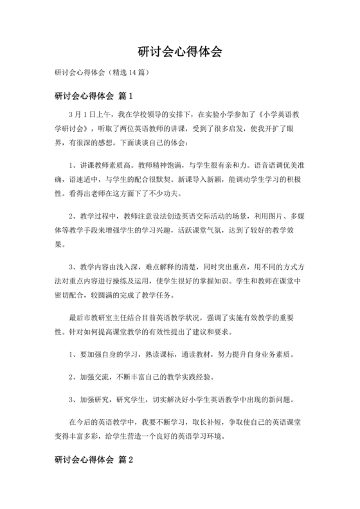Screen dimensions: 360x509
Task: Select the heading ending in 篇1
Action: pyautogui.click(x=93, y=96)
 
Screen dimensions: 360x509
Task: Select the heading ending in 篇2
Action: pyautogui.click(x=93, y=460)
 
